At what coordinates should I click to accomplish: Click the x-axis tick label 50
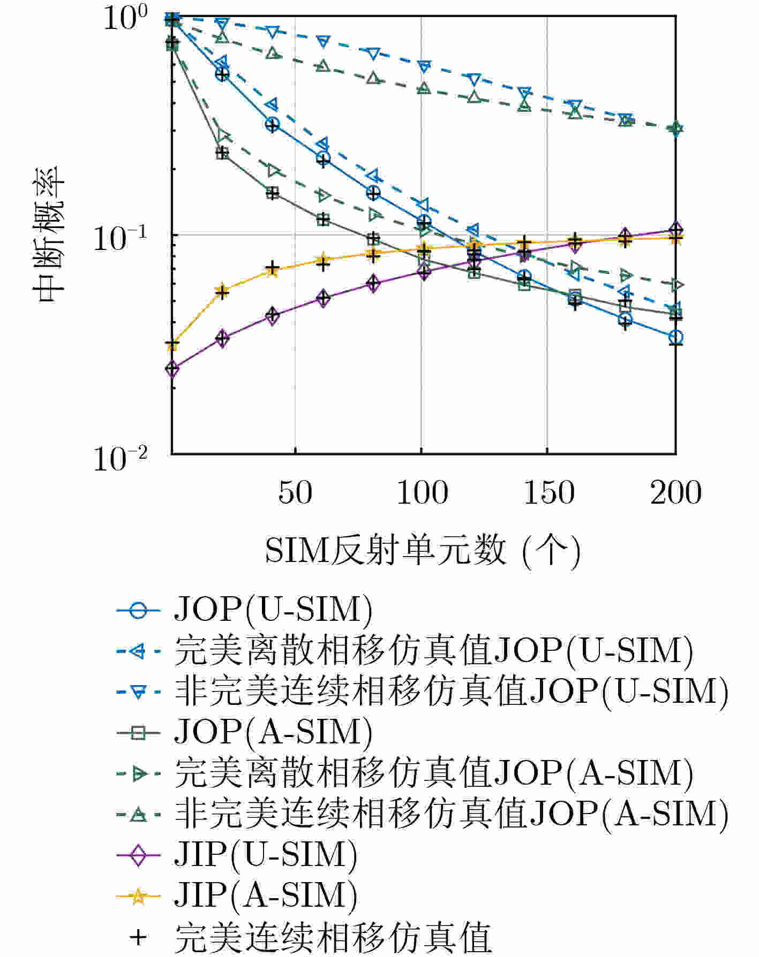click(x=295, y=493)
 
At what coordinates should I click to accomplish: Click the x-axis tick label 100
click(x=422, y=493)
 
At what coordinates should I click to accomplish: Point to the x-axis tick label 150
click(x=549, y=493)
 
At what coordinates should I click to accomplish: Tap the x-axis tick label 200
click(x=676, y=493)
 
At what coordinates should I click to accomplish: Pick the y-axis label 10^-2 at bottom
click(x=121, y=459)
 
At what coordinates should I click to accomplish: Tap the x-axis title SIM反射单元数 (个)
click(x=423, y=551)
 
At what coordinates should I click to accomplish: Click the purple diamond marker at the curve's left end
click(x=172, y=368)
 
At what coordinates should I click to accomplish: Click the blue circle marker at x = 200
click(x=676, y=337)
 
